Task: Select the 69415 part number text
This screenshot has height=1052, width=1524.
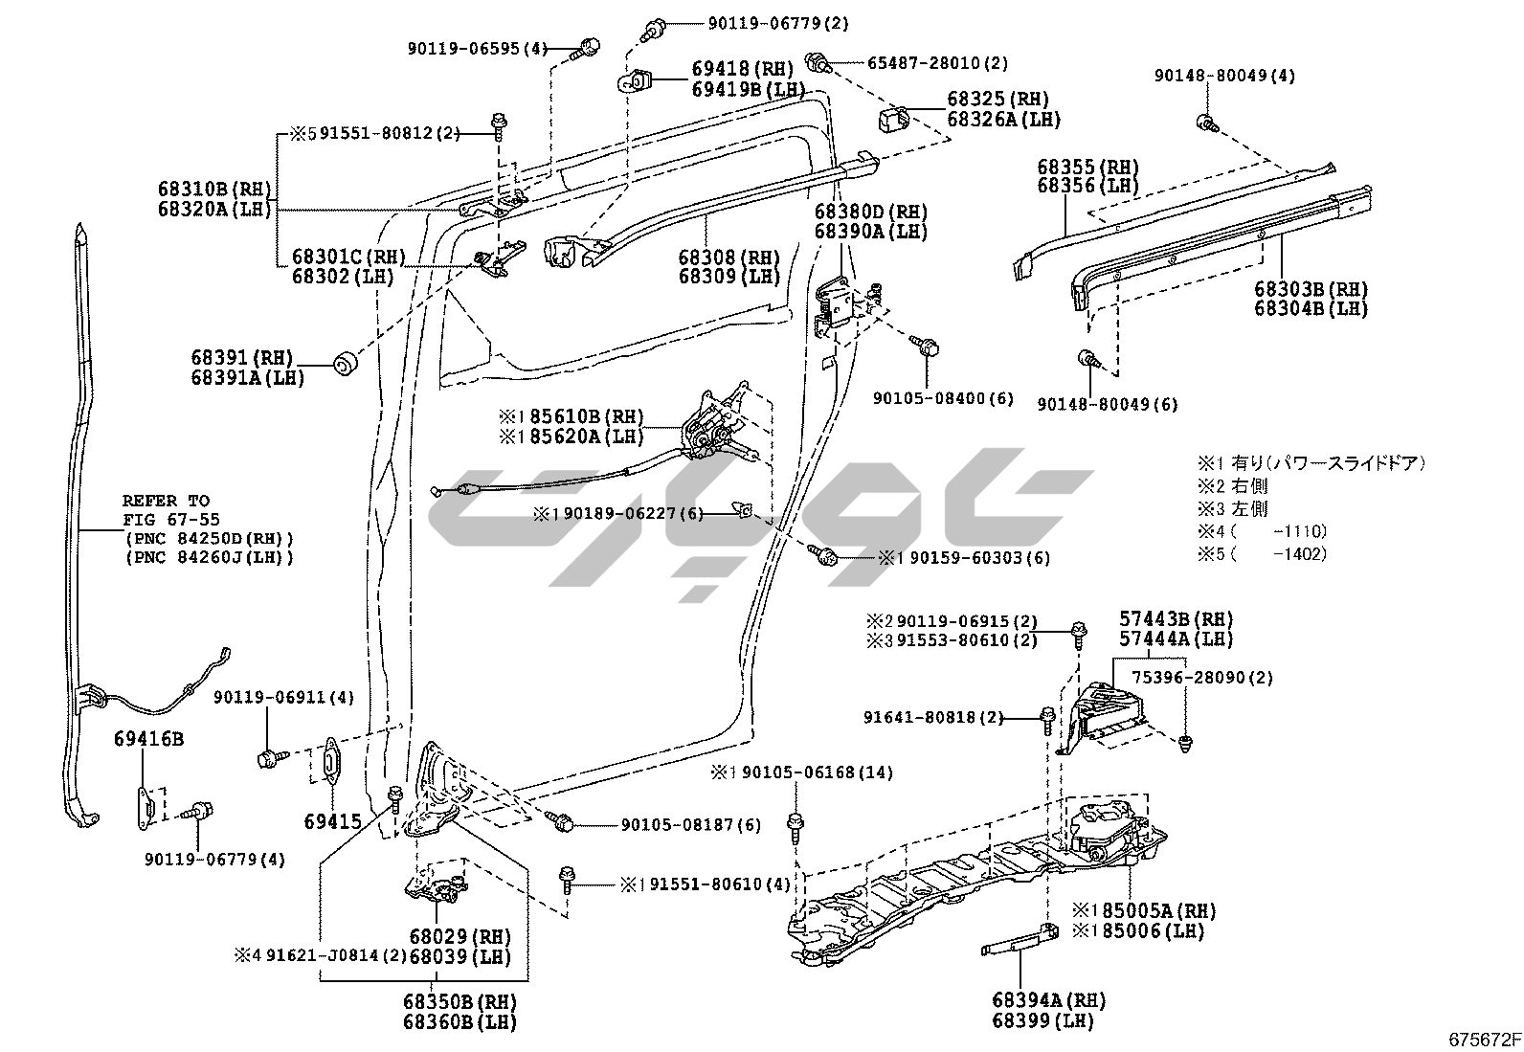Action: [x=333, y=821]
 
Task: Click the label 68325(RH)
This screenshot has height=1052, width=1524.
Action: [x=997, y=99]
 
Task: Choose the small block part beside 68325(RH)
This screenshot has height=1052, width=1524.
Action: [x=892, y=120]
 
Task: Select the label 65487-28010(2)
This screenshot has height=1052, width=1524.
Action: [x=938, y=63]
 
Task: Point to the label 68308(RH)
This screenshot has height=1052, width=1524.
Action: [x=728, y=257]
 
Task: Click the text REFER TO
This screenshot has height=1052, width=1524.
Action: [x=166, y=501]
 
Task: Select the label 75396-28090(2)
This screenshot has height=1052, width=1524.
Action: [x=1202, y=678]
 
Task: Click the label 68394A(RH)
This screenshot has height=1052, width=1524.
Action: [x=1048, y=1000]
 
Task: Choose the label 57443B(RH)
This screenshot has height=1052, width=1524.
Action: [x=1177, y=619]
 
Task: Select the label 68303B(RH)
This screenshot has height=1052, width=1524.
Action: [x=1311, y=288]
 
